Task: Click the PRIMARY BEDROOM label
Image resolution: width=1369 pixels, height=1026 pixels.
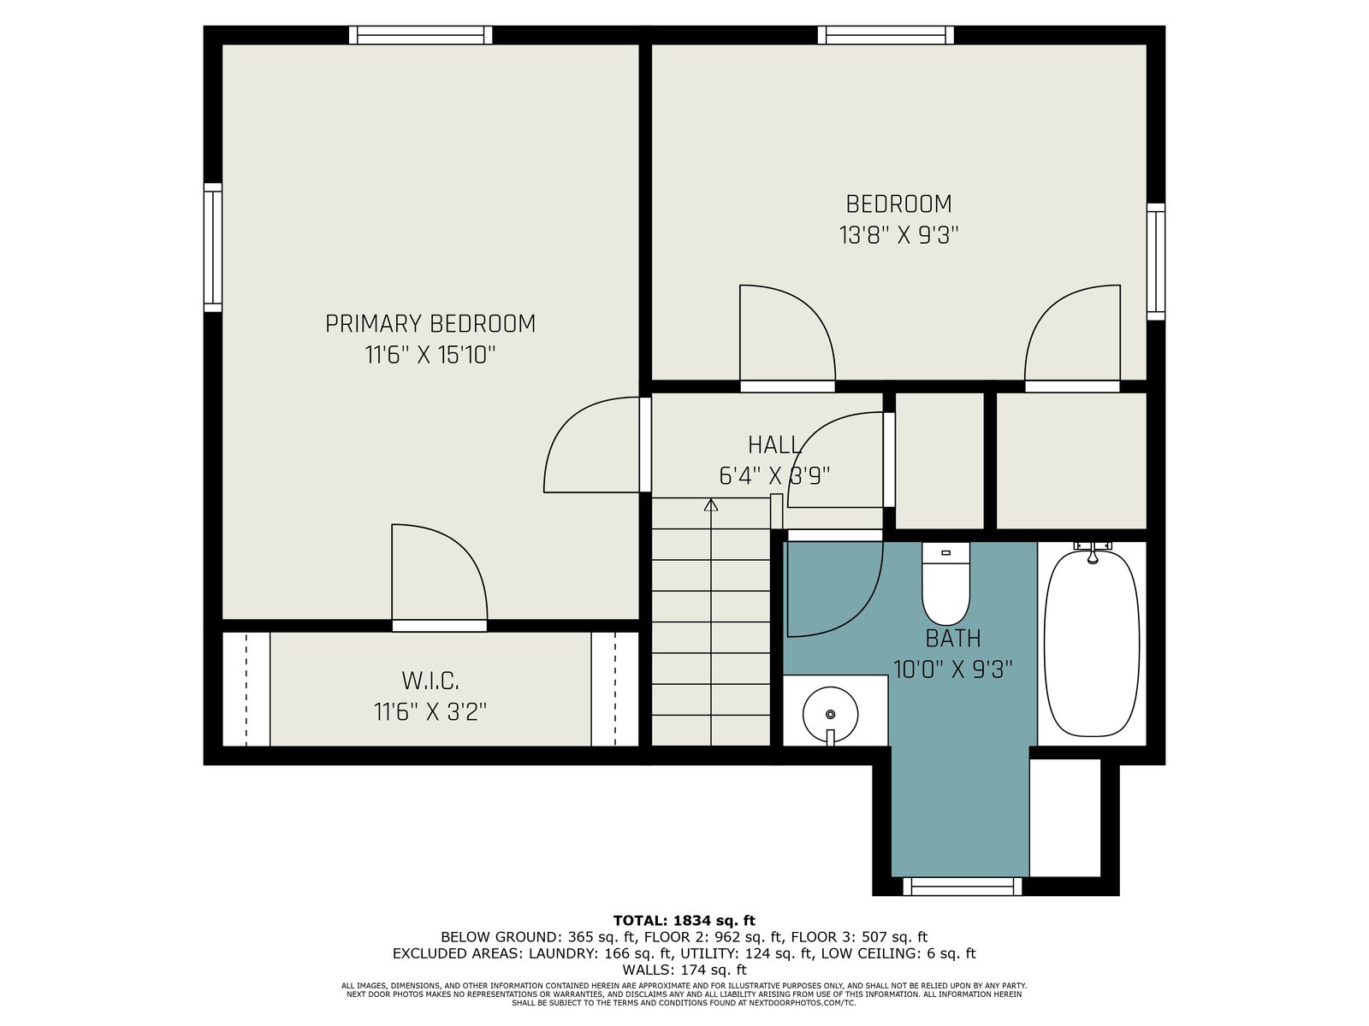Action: (430, 324)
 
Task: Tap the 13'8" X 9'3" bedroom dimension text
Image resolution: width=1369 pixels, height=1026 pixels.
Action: (898, 235)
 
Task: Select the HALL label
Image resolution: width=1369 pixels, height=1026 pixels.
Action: (774, 445)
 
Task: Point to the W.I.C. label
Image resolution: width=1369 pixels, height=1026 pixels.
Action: (430, 681)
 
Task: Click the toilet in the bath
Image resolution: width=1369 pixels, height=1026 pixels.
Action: (945, 584)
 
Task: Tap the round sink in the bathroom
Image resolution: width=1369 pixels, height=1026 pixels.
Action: (830, 715)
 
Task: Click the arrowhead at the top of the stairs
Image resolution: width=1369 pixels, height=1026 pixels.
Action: (710, 504)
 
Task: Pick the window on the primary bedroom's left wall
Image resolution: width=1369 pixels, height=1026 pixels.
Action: (213, 247)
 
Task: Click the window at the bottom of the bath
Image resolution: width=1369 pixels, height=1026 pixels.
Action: (963, 886)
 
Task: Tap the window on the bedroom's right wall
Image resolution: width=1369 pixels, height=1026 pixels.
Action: (1156, 262)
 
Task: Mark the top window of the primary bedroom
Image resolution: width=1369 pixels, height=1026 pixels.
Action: (420, 35)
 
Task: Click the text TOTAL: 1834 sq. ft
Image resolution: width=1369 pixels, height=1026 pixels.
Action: (684, 920)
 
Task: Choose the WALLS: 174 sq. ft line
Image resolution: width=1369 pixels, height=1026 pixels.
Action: (684, 970)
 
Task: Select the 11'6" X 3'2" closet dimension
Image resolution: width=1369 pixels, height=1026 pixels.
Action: (430, 711)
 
